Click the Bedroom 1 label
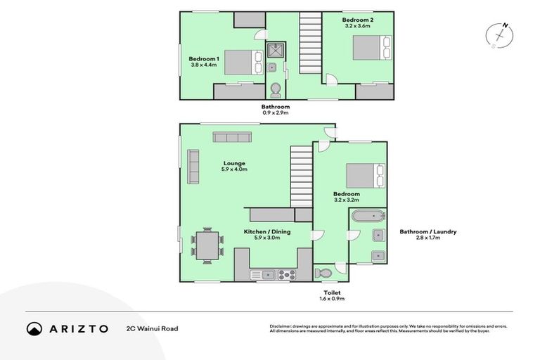coord(205,62)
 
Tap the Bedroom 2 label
coord(357,24)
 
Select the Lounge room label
coord(234,167)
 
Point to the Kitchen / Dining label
coord(266,234)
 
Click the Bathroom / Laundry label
coord(429,234)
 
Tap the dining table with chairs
coord(207,245)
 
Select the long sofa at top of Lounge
coord(232,137)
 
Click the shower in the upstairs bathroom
coord(274,49)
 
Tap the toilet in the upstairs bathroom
coord(276,89)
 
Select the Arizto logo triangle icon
coord(34,328)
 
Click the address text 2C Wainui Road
coord(152,328)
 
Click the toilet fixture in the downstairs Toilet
coord(324,273)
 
